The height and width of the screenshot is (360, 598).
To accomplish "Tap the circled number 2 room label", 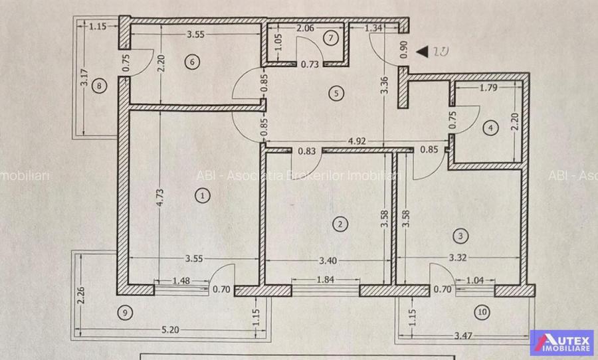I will pyautogui.click(x=340, y=224).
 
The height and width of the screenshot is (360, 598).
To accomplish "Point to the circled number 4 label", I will pyautogui.click(x=490, y=129).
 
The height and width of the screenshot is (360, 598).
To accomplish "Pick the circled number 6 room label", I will pyautogui.click(x=191, y=62).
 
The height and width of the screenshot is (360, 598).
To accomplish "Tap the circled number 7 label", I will pyautogui.click(x=330, y=37).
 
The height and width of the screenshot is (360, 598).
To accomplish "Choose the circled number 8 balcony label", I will pyautogui.click(x=100, y=85).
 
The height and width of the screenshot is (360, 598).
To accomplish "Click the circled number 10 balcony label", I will pyautogui.click(x=481, y=311).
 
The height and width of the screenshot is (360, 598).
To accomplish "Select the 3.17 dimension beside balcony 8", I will pyautogui.click(x=84, y=88).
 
